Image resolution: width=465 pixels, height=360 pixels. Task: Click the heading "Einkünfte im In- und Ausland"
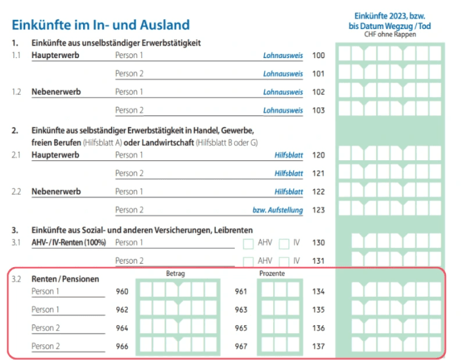pos(100,25)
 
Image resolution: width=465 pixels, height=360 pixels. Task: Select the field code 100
pos(318,55)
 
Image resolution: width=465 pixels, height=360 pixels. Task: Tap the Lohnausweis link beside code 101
pos(283,74)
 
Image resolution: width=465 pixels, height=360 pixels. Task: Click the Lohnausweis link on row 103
pos(283,110)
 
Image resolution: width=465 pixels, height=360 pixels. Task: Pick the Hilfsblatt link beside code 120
pos(288,155)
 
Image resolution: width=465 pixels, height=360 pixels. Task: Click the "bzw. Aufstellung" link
pos(278,210)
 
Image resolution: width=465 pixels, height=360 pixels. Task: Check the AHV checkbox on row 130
pos(248,244)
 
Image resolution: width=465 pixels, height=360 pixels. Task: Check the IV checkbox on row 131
pos(284,262)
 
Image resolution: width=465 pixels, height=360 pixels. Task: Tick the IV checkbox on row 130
pos(284,244)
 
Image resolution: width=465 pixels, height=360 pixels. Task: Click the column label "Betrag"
pos(175,274)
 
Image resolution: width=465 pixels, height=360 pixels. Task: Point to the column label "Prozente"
pos(272,274)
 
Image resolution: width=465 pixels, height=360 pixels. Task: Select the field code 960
pos(122,291)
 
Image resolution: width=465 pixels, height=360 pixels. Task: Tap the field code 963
pos(241,310)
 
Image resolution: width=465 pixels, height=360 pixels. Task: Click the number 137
pos(318,346)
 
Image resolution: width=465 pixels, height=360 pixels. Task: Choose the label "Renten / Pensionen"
pos(65,279)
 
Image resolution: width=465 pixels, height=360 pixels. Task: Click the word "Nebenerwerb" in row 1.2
pos(56,92)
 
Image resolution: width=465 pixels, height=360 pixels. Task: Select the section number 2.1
pos(16,155)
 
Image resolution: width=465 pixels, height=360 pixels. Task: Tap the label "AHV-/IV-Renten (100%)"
pos(69,243)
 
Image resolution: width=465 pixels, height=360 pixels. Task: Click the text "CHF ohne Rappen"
pos(390,34)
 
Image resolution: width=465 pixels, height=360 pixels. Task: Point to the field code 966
pos(122,346)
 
